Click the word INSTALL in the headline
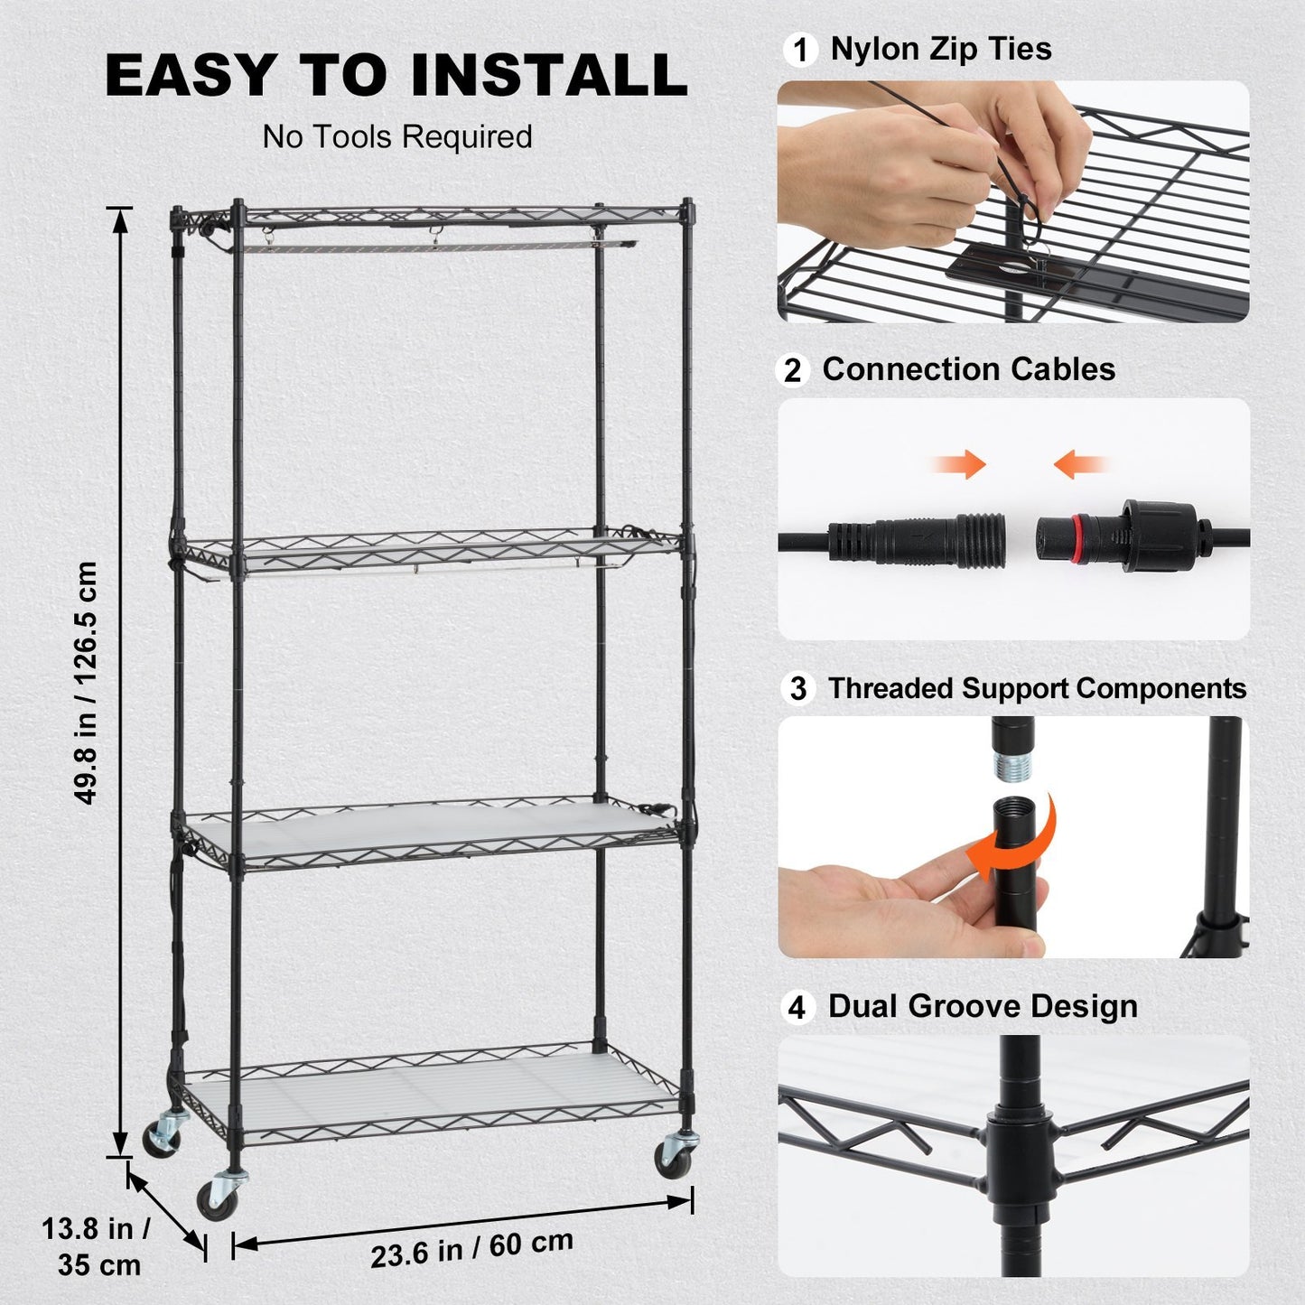coord(549,75)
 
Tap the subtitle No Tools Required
coord(397,137)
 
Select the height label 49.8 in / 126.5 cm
coord(86,682)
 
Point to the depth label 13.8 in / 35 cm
coord(98,1246)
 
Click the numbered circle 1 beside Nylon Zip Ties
coord(799,50)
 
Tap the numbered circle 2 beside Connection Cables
coord(792,370)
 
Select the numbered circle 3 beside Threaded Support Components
coord(797,689)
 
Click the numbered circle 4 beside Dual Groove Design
coord(797,1007)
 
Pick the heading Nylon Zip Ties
coord(941,49)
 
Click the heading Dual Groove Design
coord(983,1006)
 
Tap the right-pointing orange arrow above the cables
coord(960,465)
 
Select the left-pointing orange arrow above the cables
coord(1079,465)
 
